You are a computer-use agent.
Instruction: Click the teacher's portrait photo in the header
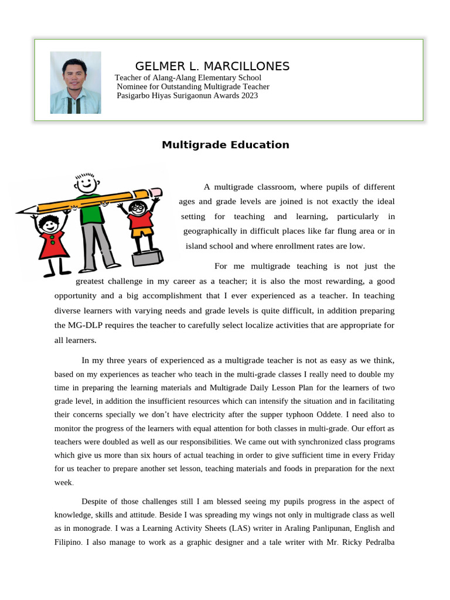[76, 82]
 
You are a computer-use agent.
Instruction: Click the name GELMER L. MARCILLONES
[212, 66]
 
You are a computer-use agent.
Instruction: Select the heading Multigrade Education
[225, 145]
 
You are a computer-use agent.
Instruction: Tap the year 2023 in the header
[249, 95]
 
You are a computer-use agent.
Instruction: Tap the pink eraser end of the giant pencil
[156, 192]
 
